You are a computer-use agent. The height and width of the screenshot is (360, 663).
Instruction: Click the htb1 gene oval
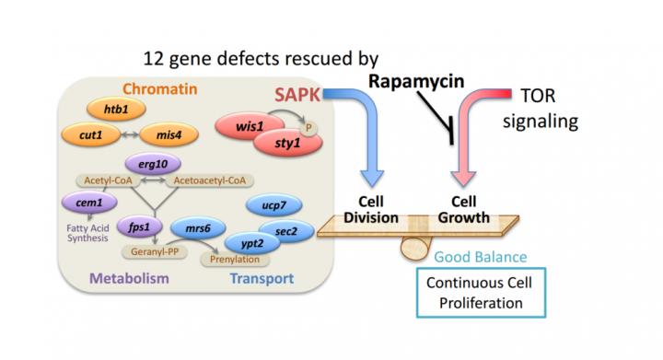pyautogui.click(x=115, y=108)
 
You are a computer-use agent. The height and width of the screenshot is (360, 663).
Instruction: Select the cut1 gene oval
pyautogui.click(x=88, y=134)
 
